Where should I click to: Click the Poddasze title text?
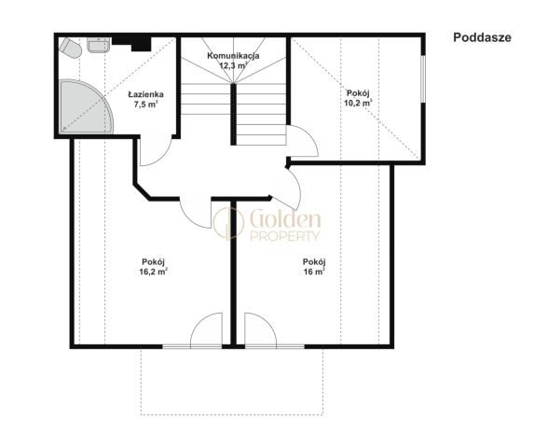[x=482, y=37]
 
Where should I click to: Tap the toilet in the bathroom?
[x=70, y=49]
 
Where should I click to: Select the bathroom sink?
[x=99, y=45]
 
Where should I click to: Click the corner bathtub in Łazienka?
[x=85, y=106]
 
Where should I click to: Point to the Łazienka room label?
[x=145, y=94]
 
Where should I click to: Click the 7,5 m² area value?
[x=145, y=105]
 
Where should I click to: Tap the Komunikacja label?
[x=233, y=55]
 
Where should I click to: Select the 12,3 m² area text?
[x=233, y=65]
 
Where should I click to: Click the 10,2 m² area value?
[x=358, y=103]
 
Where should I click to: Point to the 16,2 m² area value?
[x=153, y=272]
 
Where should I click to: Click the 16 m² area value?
[x=314, y=272]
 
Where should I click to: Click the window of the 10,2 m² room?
[x=423, y=78]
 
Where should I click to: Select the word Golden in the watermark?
[x=285, y=219]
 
